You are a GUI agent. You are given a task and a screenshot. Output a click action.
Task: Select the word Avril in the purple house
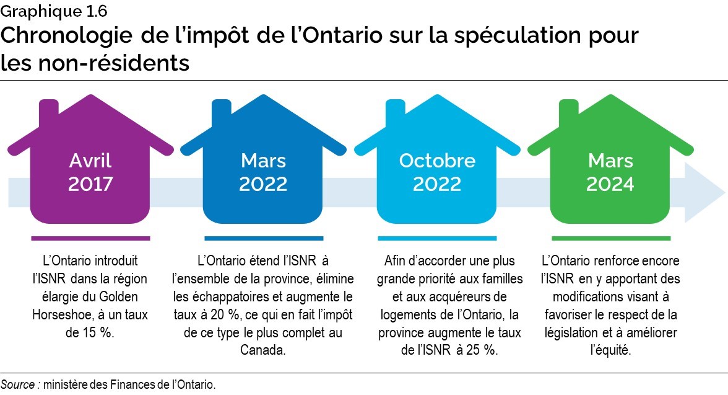(x=90, y=161)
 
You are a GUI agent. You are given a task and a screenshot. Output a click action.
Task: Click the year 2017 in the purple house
(x=90, y=184)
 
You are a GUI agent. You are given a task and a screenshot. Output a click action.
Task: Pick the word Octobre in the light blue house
(x=437, y=161)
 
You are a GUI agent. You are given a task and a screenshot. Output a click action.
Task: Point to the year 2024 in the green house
(x=610, y=184)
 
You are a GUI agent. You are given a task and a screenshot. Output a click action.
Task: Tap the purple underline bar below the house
(x=90, y=237)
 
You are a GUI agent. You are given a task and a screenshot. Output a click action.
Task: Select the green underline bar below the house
(x=610, y=237)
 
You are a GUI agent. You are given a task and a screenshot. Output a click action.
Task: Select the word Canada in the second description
(x=263, y=350)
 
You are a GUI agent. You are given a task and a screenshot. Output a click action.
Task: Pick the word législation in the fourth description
(x=571, y=332)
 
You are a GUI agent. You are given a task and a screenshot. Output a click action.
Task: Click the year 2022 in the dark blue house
(x=263, y=184)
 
